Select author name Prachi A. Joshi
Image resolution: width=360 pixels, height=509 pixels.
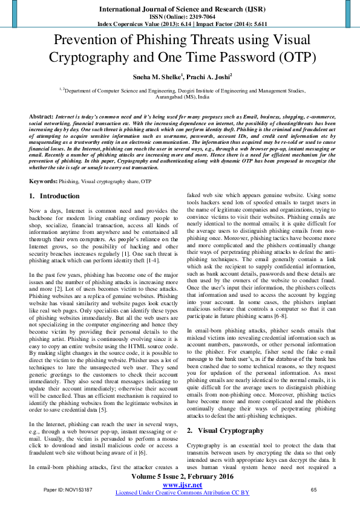[x=205, y=78]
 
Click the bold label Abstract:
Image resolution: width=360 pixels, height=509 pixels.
[x=41, y=115]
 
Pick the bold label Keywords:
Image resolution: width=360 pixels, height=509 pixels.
[x=44, y=181]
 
